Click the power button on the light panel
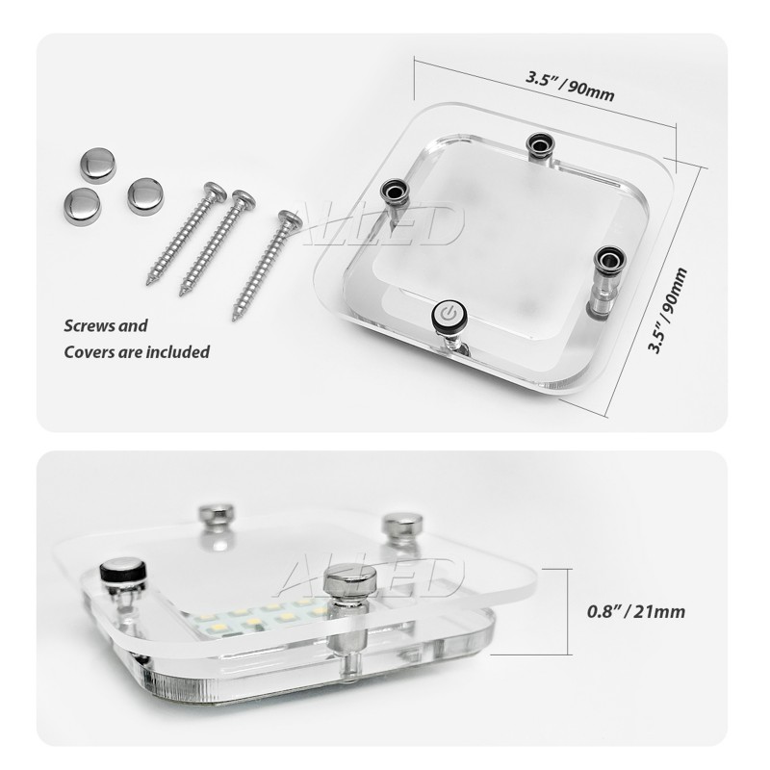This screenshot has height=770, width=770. pyautogui.click(x=449, y=313)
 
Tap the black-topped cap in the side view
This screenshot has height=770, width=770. pyautogui.click(x=123, y=571)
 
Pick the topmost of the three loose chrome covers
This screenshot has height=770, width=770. pyautogui.click(x=97, y=165)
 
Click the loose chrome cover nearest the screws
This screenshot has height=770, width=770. pyautogui.click(x=145, y=195)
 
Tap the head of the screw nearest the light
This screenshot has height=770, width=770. pyautogui.click(x=290, y=220)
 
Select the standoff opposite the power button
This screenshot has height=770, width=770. pyautogui.click(x=539, y=146)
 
